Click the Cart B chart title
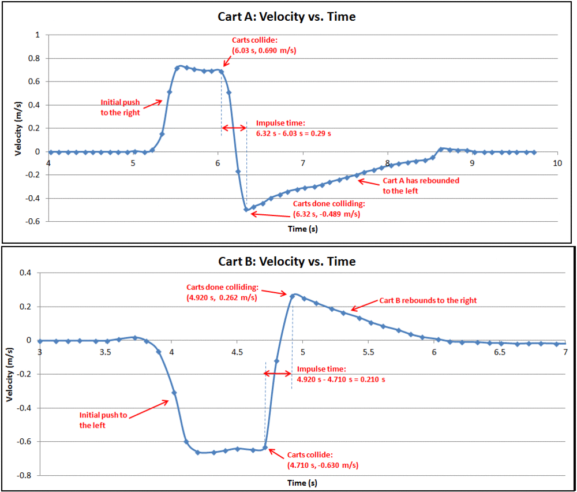[287, 261]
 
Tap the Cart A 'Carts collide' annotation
[264, 46]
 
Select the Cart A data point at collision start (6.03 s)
[221, 71]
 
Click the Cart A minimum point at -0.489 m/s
[246, 210]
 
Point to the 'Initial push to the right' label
[121, 108]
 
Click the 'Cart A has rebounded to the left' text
[421, 185]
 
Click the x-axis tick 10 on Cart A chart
[557, 163]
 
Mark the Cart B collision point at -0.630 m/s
[265, 448]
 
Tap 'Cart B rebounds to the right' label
[428, 300]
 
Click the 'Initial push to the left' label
[103, 420]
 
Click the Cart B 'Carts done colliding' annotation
[222, 292]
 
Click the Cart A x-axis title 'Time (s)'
[303, 229]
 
